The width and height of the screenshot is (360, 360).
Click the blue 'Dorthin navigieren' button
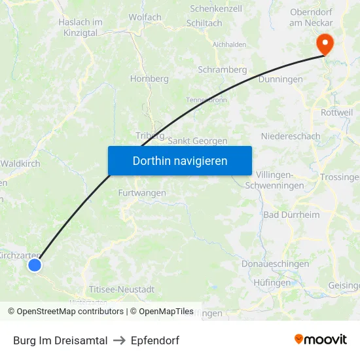[x=179, y=160]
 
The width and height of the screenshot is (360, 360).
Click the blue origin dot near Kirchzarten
[x=35, y=264]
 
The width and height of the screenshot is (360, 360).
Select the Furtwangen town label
[x=142, y=193]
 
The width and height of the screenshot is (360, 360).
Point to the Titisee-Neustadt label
[x=121, y=289]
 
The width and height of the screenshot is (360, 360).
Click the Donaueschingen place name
[x=275, y=264]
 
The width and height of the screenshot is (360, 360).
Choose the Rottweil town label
[x=336, y=113]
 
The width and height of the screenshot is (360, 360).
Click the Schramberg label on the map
[x=222, y=69]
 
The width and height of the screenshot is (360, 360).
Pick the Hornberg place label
[x=149, y=79]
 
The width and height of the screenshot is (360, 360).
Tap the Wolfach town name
[x=145, y=17]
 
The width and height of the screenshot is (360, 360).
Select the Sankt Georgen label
[x=198, y=141]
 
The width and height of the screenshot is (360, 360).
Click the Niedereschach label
[x=291, y=136]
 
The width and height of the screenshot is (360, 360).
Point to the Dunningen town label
[x=280, y=79]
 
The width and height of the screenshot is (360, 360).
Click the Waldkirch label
[x=20, y=164]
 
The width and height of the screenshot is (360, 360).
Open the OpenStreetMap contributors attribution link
[x=70, y=312]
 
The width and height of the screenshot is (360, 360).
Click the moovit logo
[x=321, y=339]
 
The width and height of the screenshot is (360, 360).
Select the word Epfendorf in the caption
[x=154, y=340]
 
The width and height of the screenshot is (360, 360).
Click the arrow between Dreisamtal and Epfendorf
[x=119, y=340]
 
